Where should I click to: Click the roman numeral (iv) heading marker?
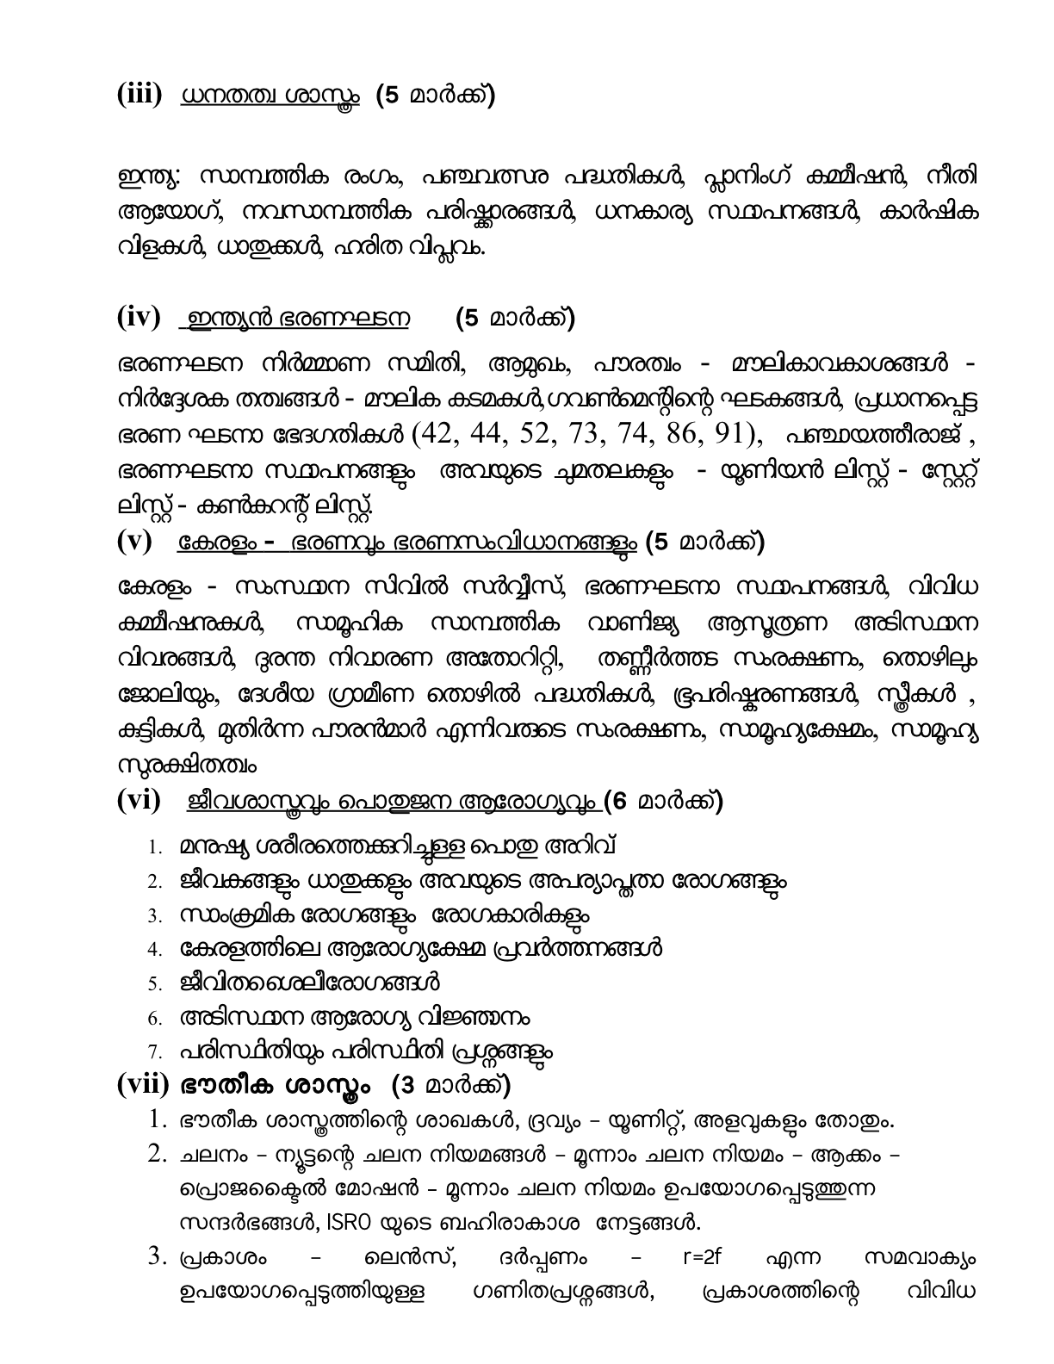[x=139, y=318]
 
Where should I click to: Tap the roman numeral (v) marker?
[x=134, y=542]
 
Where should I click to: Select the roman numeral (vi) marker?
[x=139, y=801]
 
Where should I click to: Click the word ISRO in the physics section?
[x=345, y=1222]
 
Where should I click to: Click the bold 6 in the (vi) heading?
[x=612, y=802]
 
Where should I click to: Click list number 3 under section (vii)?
[x=157, y=1257]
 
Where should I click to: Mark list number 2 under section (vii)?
[x=157, y=1154]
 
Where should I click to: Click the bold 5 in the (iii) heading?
[x=392, y=96]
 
